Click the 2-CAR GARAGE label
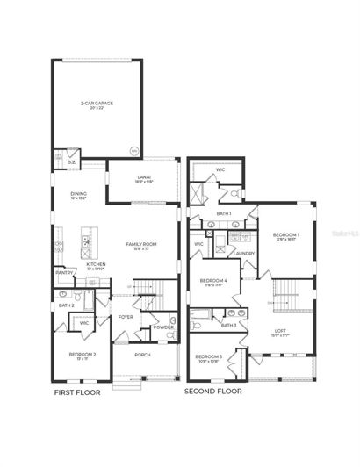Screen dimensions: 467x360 click(x=97, y=103)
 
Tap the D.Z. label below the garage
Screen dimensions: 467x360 click(x=71, y=162)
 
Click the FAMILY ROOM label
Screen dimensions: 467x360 click(x=140, y=244)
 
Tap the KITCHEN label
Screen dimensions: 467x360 click(x=96, y=262)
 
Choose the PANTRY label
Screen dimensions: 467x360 click(x=64, y=272)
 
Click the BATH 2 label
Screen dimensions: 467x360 click(x=66, y=305)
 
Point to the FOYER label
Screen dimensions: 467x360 click(x=126, y=318)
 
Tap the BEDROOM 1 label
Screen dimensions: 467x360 click(x=284, y=234)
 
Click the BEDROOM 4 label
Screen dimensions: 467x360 click(x=216, y=281)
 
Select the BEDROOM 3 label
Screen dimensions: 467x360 click(x=209, y=356)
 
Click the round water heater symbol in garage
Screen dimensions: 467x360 click(x=133, y=150)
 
